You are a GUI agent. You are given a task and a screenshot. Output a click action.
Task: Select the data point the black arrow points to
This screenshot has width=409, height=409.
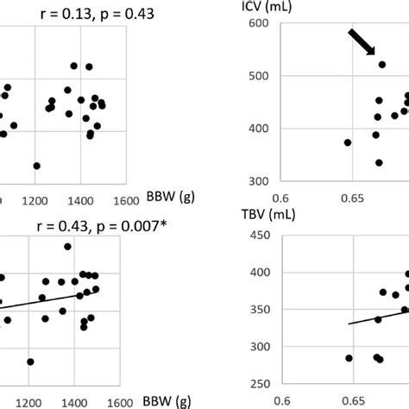(382, 65)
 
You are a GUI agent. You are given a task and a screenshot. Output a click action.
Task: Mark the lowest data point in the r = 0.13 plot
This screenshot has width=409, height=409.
(36, 165)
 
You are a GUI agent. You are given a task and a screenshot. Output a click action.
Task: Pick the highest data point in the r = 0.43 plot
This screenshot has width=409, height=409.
(67, 247)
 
